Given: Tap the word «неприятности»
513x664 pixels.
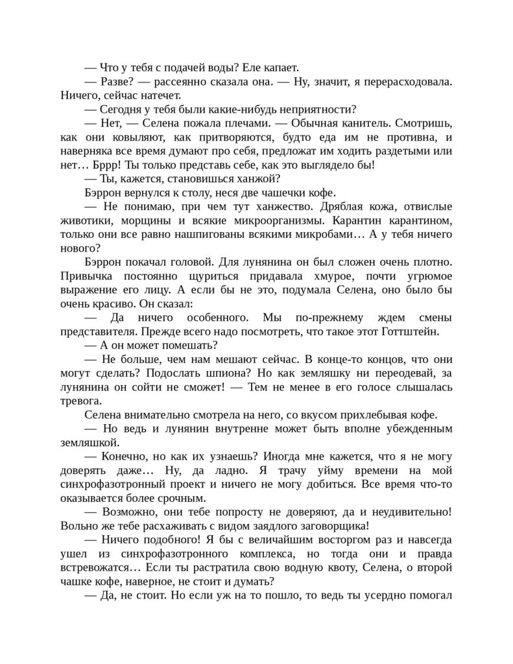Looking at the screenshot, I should click(320, 109).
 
